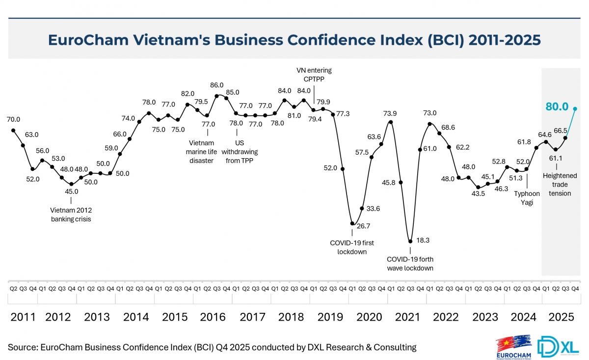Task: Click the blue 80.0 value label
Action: click(557, 107)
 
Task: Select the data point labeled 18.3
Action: click(410, 241)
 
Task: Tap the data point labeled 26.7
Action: click(352, 223)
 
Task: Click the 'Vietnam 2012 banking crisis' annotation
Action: click(71, 215)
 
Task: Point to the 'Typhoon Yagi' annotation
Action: click(527, 197)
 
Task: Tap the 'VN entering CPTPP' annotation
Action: click(314, 75)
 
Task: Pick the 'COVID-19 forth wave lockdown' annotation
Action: click(410, 263)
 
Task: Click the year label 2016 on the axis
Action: click(213, 317)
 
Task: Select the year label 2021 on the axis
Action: click(407, 317)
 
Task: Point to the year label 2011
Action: click(23, 317)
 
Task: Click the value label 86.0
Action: click(216, 85)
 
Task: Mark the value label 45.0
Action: click(72, 192)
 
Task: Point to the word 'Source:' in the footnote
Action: click(22, 347)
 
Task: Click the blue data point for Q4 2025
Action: click(575, 109)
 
